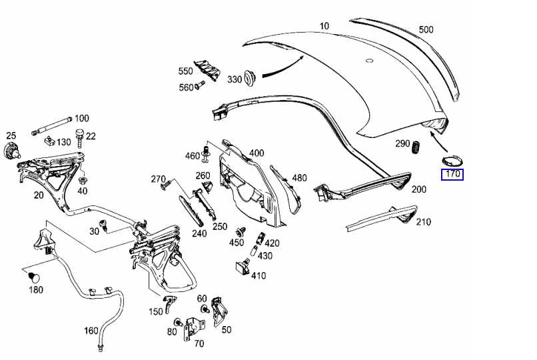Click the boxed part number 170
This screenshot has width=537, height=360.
coord(452,175)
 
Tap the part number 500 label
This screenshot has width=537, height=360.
coord(426,29)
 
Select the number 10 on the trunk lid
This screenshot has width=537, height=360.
coord(324,26)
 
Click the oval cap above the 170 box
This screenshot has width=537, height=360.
coord(452,160)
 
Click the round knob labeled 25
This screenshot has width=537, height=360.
coord(11,149)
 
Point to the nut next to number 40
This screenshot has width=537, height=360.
coord(83,180)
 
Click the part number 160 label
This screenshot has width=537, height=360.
coord(91,331)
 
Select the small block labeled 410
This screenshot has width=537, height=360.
coord(241,268)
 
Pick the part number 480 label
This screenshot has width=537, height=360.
coord(299,178)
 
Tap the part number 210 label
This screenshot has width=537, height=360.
coord(422,222)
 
